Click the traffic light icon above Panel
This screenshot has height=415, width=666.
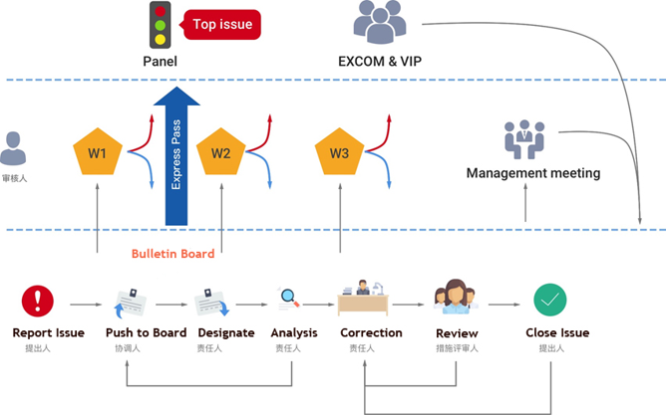coord(160,27)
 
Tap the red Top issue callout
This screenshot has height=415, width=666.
coord(222,25)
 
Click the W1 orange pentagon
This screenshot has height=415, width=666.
coord(98,152)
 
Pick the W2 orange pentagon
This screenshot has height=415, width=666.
coord(220,152)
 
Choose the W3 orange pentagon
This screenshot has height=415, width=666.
coord(339,152)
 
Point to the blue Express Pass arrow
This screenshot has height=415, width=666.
coord(177,155)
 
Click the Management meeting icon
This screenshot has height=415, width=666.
coord(524,140)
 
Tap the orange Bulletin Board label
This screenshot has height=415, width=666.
coord(172,254)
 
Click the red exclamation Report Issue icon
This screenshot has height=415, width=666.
coord(39,300)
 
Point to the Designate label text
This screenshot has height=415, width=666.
coord(225,332)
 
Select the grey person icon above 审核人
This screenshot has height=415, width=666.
coord(13,150)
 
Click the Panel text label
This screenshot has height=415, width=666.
coord(160,62)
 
